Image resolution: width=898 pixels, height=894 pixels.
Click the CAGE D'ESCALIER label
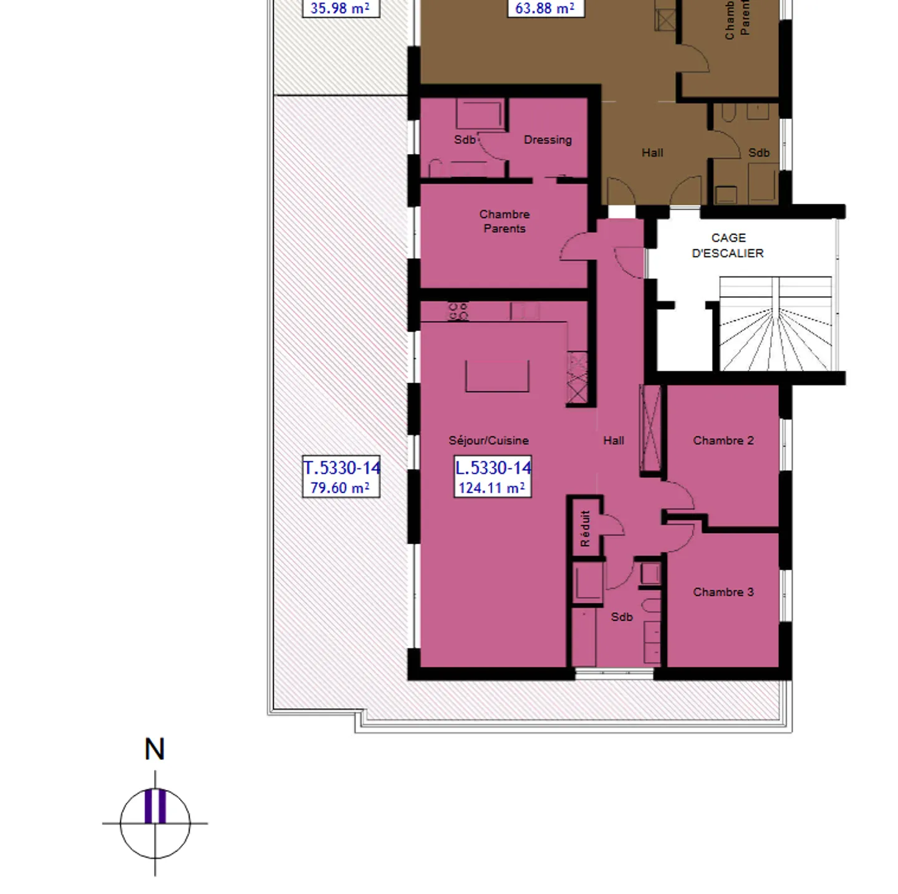coord(728,246)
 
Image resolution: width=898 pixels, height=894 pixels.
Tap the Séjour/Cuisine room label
coord(488,440)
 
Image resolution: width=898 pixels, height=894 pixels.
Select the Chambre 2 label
coord(723,440)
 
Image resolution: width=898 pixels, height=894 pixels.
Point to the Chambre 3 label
coord(723,592)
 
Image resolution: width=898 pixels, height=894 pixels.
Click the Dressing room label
coord(548,140)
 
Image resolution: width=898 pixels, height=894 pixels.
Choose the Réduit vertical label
coord(585,529)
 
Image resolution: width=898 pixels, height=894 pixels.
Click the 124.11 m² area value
coord(491,488)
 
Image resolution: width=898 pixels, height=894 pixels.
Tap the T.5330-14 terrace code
coord(342,468)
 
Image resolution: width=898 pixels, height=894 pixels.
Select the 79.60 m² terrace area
coord(340,488)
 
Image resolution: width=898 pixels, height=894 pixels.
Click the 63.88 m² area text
coord(544,8)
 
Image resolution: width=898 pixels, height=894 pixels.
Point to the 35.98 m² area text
coord(340,8)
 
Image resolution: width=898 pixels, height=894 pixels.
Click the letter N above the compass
coord(155,749)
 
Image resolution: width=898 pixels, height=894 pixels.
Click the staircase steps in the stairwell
coord(775,337)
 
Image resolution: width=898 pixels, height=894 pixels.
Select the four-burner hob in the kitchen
coord(458,310)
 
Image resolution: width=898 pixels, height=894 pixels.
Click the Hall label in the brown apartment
coord(652,153)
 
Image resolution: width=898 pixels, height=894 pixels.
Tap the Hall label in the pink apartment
coord(614,440)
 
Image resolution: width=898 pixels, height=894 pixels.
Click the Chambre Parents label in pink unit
coord(504,221)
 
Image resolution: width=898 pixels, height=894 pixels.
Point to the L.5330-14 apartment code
coord(493,468)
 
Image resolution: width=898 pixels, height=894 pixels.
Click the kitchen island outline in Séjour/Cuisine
coord(497,377)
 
